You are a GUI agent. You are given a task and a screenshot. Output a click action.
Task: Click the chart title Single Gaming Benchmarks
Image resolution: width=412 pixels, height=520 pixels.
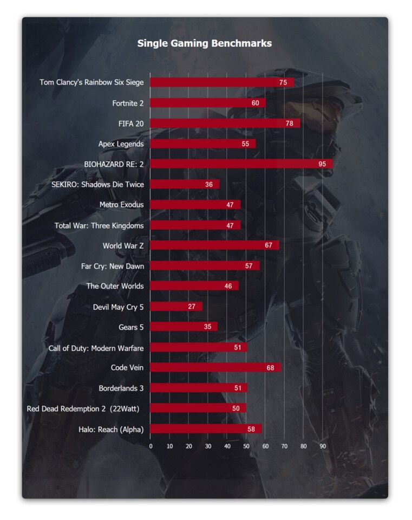204,43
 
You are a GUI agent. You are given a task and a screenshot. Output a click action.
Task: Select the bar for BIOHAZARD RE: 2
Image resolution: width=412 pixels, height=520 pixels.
241,164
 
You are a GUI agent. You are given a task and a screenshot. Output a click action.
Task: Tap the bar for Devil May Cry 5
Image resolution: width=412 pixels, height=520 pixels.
176,307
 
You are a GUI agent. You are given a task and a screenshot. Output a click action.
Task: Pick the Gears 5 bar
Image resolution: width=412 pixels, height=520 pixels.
184,327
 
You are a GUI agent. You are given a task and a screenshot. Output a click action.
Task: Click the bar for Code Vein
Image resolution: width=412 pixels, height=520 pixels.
215,368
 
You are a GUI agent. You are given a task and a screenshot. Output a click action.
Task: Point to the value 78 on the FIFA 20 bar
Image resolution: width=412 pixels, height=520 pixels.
290,123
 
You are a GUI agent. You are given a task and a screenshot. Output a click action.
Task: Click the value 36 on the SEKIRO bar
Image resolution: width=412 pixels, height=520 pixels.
209,184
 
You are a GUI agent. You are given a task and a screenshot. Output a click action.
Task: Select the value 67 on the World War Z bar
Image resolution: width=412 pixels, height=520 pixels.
269,245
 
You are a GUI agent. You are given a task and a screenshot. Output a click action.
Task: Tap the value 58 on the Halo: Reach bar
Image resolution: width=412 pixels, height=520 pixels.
251,429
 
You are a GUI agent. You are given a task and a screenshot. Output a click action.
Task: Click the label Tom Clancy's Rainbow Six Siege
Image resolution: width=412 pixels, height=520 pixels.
91,82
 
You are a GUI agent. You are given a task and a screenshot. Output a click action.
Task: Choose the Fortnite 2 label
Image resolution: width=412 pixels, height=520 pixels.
128,103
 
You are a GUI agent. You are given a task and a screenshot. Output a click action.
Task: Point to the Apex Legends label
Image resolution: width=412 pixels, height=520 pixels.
121,144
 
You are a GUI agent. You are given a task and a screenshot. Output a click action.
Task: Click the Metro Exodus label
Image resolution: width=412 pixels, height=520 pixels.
121,205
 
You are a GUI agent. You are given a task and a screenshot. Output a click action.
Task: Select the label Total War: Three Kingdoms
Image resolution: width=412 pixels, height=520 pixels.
99,225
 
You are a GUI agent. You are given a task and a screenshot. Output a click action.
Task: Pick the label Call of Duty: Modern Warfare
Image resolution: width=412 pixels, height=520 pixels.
96,348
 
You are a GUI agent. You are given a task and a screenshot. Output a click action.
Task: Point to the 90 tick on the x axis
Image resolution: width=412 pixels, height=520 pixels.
323,446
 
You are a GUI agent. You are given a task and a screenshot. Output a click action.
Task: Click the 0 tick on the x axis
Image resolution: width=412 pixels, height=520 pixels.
151,446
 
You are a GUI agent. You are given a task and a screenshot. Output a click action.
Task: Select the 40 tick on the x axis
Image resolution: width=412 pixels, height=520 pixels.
227,446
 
